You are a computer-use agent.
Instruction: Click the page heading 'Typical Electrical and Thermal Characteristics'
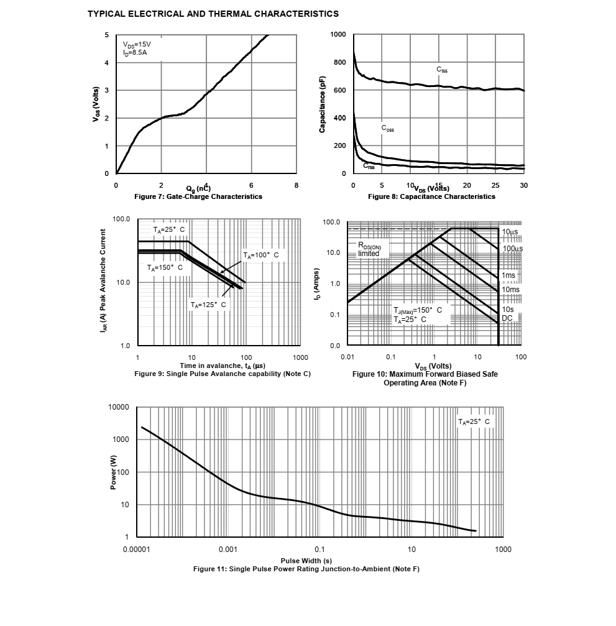click(213, 13)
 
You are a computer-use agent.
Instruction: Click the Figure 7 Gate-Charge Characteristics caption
click(198, 196)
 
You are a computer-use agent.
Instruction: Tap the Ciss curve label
click(441, 70)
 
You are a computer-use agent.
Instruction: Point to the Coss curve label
click(387, 129)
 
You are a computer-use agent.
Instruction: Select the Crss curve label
click(369, 166)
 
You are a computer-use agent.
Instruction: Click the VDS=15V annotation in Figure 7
click(137, 45)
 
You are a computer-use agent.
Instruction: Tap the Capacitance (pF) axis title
click(322, 104)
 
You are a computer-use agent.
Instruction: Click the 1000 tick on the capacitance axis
click(338, 35)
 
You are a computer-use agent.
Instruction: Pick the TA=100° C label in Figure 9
click(260, 255)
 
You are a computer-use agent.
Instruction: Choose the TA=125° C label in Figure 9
click(208, 305)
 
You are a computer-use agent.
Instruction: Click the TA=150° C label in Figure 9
click(165, 267)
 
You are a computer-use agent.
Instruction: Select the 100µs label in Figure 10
click(513, 249)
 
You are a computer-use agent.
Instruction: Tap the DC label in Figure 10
click(507, 318)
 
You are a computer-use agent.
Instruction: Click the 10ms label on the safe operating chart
click(510, 289)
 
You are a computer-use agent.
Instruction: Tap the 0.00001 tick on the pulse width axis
click(136, 550)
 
